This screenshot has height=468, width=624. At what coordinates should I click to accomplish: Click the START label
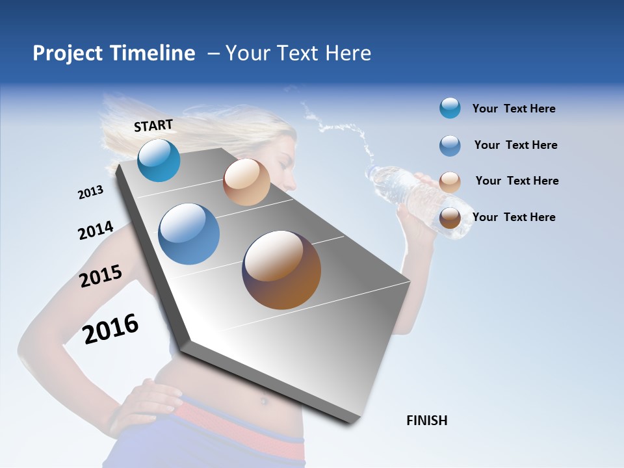(153, 125)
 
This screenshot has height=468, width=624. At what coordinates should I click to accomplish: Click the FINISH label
(426, 421)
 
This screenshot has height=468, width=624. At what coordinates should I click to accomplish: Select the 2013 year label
(90, 192)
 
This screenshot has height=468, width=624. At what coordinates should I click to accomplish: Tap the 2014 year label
(96, 230)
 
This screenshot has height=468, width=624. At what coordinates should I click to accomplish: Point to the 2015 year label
(101, 276)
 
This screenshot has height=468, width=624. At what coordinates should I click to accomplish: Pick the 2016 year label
(110, 328)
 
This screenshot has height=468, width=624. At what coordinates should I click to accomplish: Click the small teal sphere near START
(159, 160)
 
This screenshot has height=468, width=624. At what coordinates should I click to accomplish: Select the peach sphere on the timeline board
(246, 182)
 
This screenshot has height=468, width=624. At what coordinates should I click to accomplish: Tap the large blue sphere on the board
(188, 234)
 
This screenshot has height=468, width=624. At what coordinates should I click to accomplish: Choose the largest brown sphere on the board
(281, 270)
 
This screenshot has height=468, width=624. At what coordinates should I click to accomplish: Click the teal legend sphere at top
(450, 109)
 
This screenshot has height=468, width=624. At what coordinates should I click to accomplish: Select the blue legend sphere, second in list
(450, 146)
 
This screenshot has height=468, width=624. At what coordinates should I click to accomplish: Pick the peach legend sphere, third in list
(450, 182)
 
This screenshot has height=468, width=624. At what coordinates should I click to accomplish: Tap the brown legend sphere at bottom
(450, 218)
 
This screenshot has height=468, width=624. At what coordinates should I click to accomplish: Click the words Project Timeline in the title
(114, 53)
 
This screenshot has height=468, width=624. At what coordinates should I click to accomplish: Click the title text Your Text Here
(298, 53)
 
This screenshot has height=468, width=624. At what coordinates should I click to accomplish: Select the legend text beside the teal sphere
(513, 109)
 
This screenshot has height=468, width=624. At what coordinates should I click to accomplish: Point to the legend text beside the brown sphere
(513, 217)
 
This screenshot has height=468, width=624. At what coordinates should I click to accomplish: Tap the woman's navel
(264, 401)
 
